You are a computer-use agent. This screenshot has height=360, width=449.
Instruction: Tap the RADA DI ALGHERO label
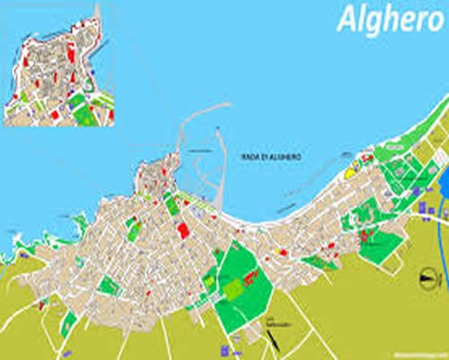pyautogui.click(x=271, y=157)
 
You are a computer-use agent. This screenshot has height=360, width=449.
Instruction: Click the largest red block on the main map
pyautogui.click(x=183, y=230)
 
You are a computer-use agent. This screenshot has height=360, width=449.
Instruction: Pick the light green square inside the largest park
pyautogui.click(x=233, y=289)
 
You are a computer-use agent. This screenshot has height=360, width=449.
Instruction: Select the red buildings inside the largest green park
pyautogui.click(x=251, y=279)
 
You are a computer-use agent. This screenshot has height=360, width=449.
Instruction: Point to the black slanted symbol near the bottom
pyautogui.click(x=269, y=338)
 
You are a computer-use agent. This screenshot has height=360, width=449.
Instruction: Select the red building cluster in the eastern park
pyautogui.click(x=365, y=237)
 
